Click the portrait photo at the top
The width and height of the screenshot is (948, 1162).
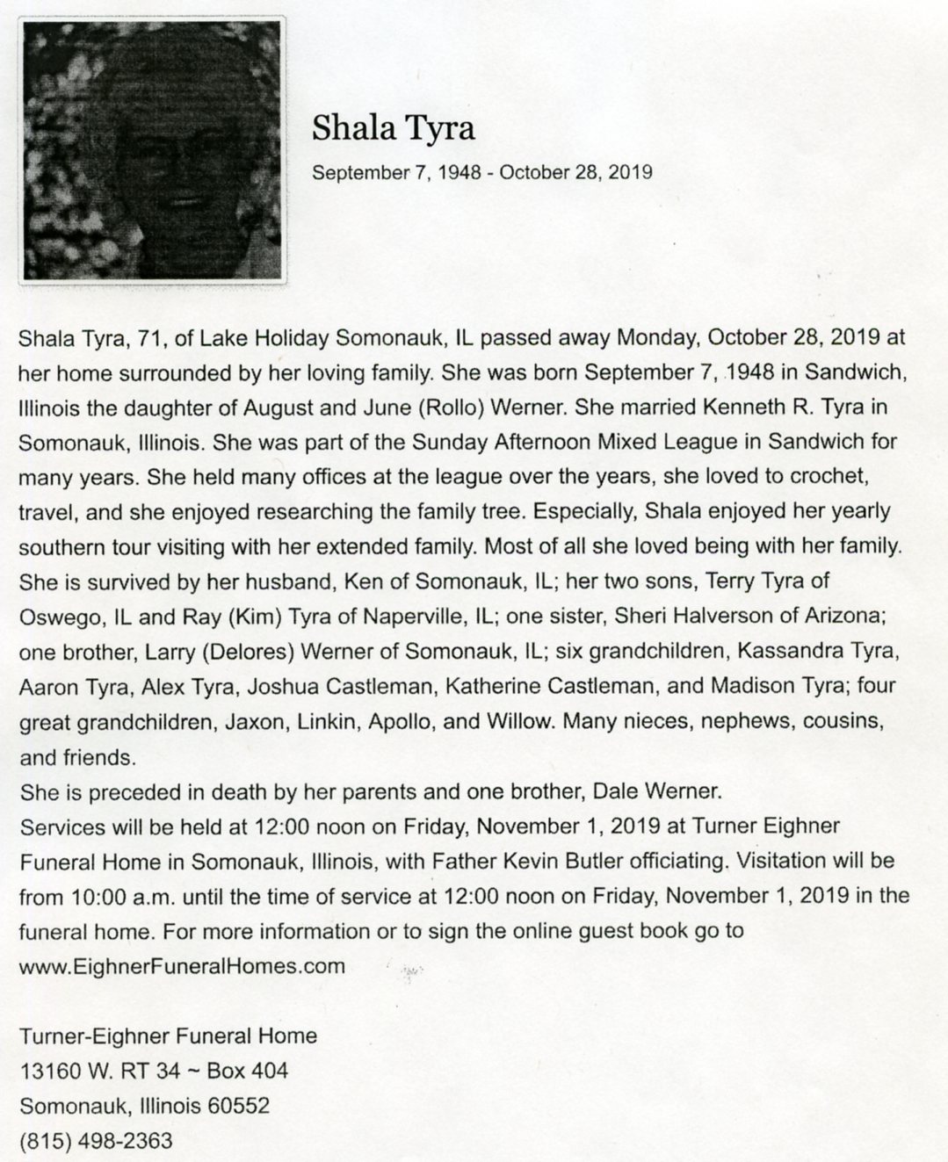153,150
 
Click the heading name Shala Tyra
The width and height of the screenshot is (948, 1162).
393,129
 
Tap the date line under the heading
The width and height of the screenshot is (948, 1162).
482,172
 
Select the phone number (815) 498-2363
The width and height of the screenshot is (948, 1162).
96,1141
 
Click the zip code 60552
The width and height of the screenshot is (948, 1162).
237,1106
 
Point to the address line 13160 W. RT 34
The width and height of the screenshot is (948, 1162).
99,1071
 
